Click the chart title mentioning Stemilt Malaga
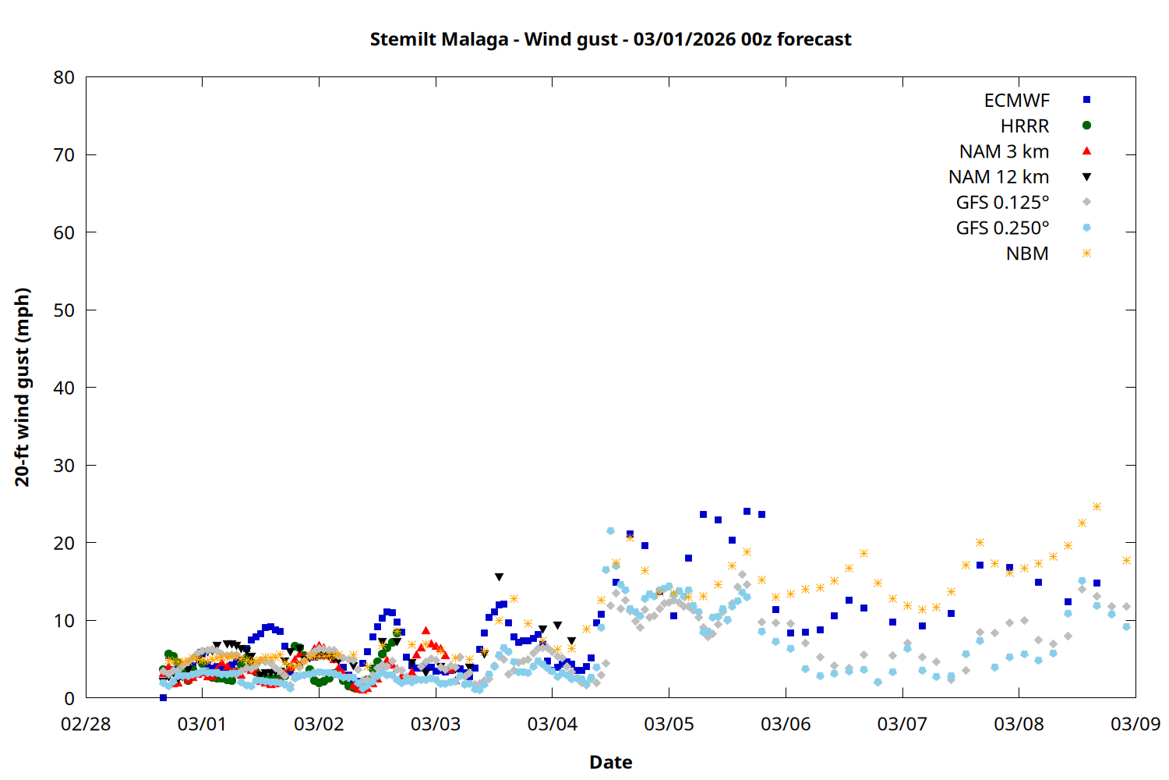(x=610, y=39)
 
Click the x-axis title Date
(x=610, y=762)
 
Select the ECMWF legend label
(x=1016, y=101)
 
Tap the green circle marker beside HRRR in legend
(x=1086, y=126)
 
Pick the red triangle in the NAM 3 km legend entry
(x=1086, y=151)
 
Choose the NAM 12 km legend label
(x=998, y=177)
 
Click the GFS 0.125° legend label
(x=1002, y=203)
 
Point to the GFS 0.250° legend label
(x=1002, y=229)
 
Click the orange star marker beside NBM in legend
(x=1086, y=253)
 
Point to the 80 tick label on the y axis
(x=64, y=77)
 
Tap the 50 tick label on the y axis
(x=64, y=310)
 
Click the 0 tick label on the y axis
(x=69, y=698)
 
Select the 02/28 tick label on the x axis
(x=86, y=724)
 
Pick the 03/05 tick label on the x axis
(x=669, y=724)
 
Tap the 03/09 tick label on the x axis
(x=1135, y=724)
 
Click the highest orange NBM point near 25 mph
(x=1097, y=507)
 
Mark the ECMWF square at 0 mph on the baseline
(x=163, y=697)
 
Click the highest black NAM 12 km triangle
(x=499, y=577)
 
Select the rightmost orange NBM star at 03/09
(x=1126, y=560)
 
